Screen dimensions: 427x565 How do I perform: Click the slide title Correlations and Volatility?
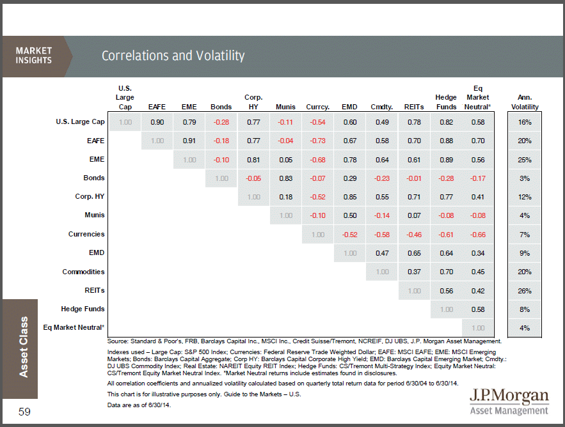tap(173, 56)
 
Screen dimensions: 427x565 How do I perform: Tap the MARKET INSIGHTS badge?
tap(33, 55)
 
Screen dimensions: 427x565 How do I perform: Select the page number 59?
tap(24, 412)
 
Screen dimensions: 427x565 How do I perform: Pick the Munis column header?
tap(285, 107)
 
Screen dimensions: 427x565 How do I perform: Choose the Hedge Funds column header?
tap(446, 102)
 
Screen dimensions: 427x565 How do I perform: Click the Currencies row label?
tap(86, 234)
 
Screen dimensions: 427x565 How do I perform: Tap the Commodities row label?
tap(83, 272)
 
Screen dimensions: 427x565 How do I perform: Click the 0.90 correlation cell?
tap(157, 121)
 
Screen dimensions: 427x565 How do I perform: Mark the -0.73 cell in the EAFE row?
tap(317, 141)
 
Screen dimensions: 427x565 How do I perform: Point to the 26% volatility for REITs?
tap(525, 290)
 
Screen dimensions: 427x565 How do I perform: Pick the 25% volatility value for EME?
tap(525, 159)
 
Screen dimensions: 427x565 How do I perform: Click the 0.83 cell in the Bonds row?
tap(285, 178)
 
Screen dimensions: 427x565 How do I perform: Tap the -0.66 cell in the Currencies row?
tap(477, 235)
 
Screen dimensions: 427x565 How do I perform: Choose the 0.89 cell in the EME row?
tap(446, 159)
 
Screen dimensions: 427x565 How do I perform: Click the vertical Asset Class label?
tap(24, 346)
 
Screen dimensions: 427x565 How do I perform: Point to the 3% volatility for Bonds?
tap(525, 178)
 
